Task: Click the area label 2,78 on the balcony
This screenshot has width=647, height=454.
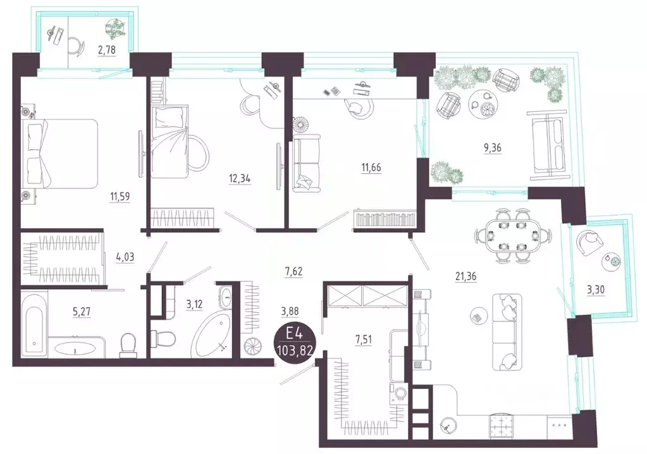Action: point(106,50)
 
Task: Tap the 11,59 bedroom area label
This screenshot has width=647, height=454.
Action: point(120,196)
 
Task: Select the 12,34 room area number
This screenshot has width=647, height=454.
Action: point(240,178)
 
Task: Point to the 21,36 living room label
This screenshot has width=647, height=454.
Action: point(466,276)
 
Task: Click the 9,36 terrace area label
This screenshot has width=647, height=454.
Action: point(493,147)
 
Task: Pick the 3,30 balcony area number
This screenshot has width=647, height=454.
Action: point(596,290)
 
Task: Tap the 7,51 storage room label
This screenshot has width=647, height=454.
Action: point(363,340)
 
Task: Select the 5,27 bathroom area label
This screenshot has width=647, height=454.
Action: point(82,312)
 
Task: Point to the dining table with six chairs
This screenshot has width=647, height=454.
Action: point(512,236)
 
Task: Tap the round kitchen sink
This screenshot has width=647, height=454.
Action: point(448,425)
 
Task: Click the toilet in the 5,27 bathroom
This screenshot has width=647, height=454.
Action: point(128,345)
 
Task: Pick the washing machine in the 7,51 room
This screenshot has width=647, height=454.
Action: point(399,392)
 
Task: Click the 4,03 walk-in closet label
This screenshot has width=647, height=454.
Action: point(125,257)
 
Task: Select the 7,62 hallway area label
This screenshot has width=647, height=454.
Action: point(293,271)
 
